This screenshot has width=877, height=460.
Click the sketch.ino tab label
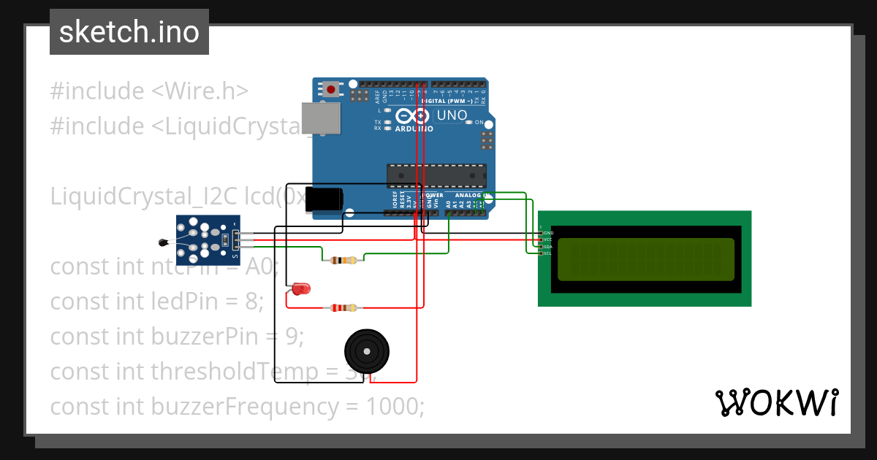click(x=129, y=32)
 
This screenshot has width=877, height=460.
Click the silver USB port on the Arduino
click(x=322, y=118)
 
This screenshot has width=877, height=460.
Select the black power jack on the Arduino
click(x=324, y=200)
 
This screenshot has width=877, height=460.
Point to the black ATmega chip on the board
click(x=436, y=176)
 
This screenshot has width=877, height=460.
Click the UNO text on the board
click(x=452, y=115)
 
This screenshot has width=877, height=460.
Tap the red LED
click(x=300, y=289)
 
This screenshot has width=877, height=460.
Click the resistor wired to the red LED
click(x=343, y=308)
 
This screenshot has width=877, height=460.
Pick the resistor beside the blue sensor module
click(x=343, y=260)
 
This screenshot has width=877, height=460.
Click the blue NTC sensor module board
click(x=208, y=239)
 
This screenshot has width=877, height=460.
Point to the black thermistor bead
click(x=162, y=242)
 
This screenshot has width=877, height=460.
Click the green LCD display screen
click(x=645, y=260)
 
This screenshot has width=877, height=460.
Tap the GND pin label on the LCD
click(x=549, y=233)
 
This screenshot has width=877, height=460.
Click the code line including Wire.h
click(x=149, y=91)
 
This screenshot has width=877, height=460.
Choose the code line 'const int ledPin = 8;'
click(x=157, y=301)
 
